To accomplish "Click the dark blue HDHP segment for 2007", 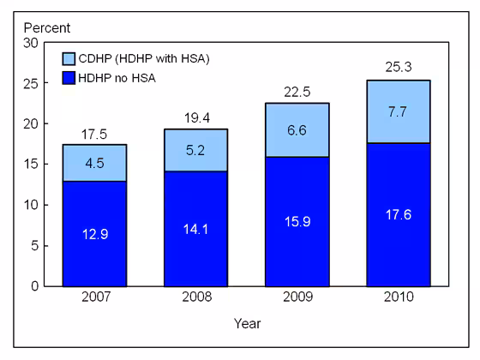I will [x=94, y=233].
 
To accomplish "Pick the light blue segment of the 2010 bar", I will [x=398, y=111].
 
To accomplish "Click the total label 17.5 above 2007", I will [x=94, y=135].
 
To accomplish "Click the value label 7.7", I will [x=398, y=111].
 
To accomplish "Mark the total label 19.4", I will [x=195, y=119].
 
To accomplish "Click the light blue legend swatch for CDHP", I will [x=69, y=59].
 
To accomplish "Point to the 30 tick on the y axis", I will [x=30, y=43].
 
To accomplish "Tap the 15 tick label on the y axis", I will [x=30, y=165].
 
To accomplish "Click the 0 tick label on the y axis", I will [x=33, y=286].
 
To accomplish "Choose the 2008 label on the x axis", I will [x=195, y=298].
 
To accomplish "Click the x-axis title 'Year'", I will [x=247, y=324].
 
